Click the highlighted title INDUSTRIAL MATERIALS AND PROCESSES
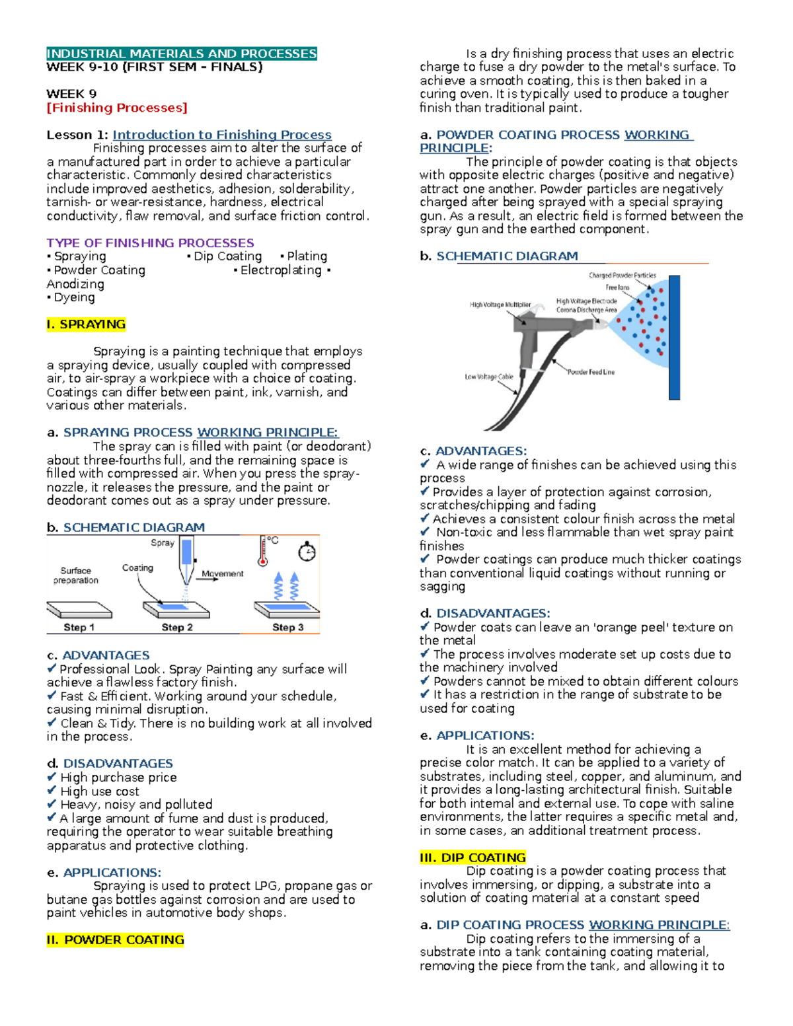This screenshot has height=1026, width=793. coord(182,54)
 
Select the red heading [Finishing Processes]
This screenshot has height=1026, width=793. coord(117,108)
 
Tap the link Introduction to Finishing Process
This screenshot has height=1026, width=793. coord(222,135)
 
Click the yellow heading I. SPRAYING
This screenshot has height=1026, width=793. coord(86,324)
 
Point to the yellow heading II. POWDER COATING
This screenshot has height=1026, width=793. coord(115,939)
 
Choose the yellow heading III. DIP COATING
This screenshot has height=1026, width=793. coord(472,858)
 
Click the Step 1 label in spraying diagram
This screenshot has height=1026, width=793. coord(79,627)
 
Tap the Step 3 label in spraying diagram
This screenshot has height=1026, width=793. coord(287,627)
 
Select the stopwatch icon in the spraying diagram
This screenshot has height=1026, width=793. coord(307,552)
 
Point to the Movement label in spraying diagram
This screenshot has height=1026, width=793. coord(222,573)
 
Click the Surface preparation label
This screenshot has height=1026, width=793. coord(76,575)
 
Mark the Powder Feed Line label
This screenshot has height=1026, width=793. coord(591,372)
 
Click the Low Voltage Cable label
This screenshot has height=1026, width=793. coord(489,377)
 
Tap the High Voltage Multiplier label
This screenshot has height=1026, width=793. coord(500,305)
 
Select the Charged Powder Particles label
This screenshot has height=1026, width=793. coord(623,275)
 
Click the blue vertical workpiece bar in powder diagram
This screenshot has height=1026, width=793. coord(674,337)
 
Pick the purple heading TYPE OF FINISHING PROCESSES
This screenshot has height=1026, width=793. coord(150,243)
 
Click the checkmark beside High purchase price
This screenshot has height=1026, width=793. coord(52,777)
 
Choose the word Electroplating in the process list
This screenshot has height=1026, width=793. coord(281,270)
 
